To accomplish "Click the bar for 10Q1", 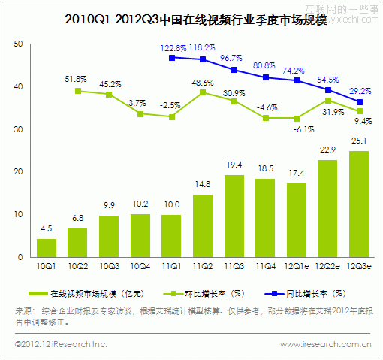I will coord(47,247).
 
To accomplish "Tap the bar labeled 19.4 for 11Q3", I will coord(234,216).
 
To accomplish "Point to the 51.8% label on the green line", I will coord(77,78).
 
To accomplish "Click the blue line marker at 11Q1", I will coord(172,57).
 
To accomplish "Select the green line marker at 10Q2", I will coord(78,91).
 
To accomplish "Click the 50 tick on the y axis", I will coord(18,45).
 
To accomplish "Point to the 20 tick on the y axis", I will coord(18,172).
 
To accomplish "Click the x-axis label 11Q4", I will coord(265,268).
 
